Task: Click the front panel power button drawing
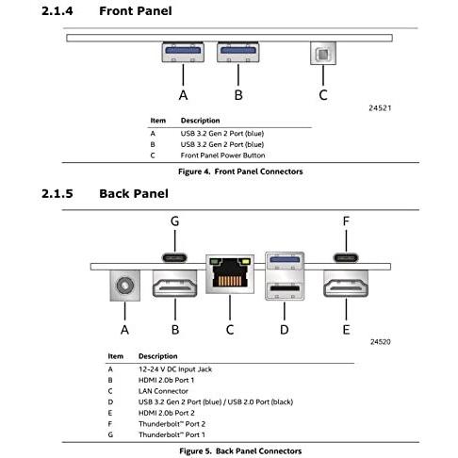tap(322, 52)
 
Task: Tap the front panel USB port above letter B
tap(238, 53)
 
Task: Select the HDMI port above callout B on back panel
tap(175, 284)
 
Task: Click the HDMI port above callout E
tap(346, 284)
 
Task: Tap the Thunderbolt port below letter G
tap(174, 255)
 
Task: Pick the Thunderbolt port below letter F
tap(346, 255)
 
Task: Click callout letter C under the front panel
tap(322, 94)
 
